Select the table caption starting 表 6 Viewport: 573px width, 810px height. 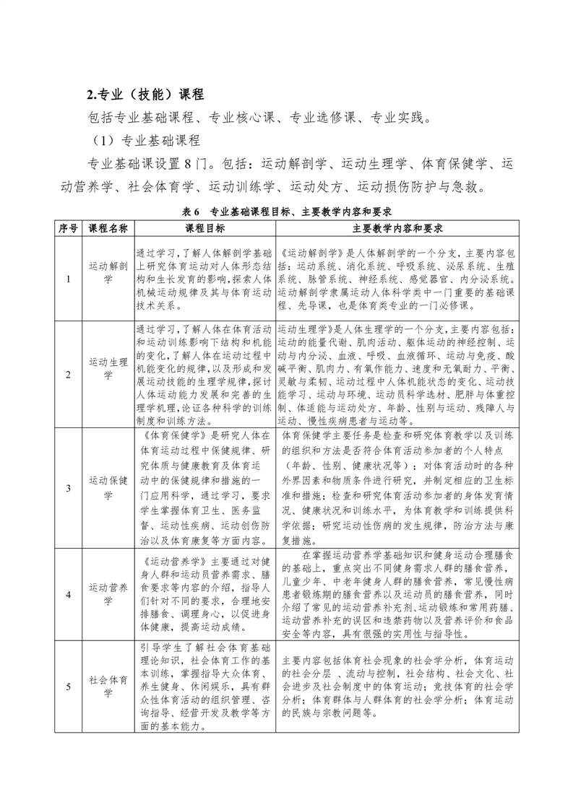point(287,212)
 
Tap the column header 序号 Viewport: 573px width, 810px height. point(68,228)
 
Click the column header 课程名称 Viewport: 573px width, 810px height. point(108,228)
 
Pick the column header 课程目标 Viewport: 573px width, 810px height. point(204,228)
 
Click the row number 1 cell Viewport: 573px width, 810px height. point(68,279)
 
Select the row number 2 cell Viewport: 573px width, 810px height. point(68,374)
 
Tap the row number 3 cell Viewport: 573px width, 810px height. point(68,488)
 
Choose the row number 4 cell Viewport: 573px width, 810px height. point(68,594)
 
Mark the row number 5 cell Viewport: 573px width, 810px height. point(68,687)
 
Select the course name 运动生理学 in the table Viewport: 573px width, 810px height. point(108,367)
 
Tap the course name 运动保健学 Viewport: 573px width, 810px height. point(108,488)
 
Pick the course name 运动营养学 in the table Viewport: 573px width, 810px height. point(108,594)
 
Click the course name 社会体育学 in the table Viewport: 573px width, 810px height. point(108,687)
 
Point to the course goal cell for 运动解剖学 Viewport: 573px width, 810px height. point(204,279)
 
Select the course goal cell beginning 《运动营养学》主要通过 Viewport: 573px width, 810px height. point(204,594)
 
